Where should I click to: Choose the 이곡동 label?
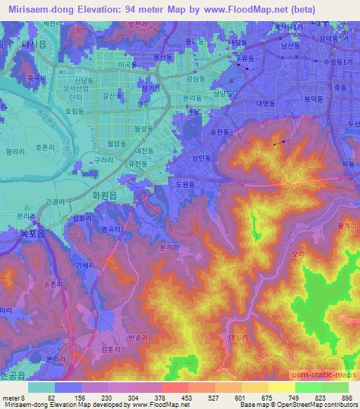tap(127, 64)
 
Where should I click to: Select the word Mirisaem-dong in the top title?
tap(37, 9)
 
